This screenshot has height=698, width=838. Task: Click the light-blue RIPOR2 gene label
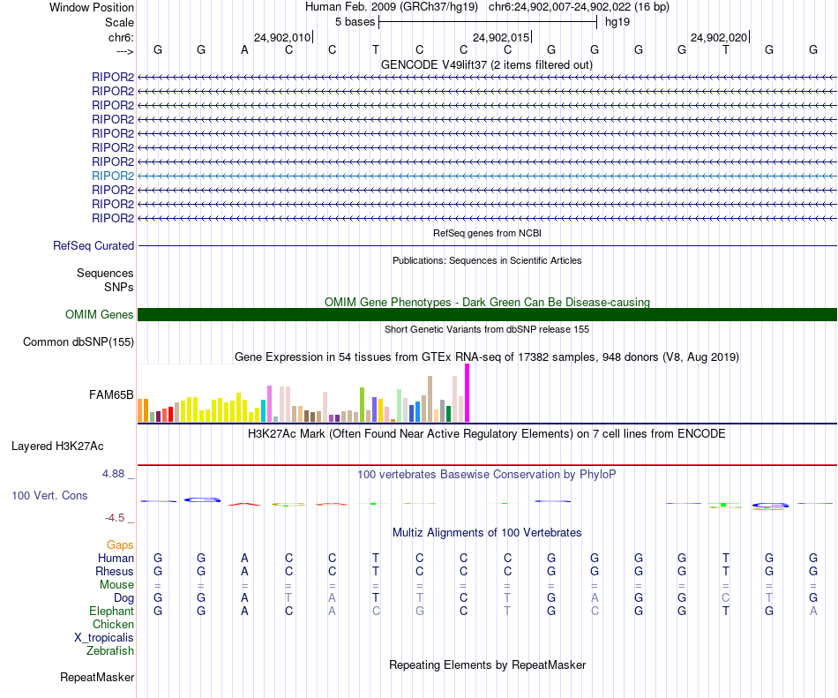click(113, 176)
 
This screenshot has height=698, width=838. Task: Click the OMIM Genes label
click(100, 314)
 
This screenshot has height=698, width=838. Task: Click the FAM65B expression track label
click(111, 394)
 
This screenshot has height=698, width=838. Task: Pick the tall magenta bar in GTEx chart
click(467, 393)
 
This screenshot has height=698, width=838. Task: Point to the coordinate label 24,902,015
click(501, 38)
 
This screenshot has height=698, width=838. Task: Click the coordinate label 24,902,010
click(282, 38)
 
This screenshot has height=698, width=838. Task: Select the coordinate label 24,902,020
click(719, 38)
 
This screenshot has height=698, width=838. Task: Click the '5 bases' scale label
click(355, 21)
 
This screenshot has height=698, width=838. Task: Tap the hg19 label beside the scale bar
click(617, 21)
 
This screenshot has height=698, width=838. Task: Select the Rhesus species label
click(114, 571)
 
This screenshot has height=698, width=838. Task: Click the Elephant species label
click(111, 611)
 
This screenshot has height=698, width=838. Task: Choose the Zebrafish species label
click(110, 651)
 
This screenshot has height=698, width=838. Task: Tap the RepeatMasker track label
click(97, 678)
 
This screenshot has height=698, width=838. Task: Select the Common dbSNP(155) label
click(79, 342)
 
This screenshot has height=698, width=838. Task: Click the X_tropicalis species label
click(104, 638)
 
